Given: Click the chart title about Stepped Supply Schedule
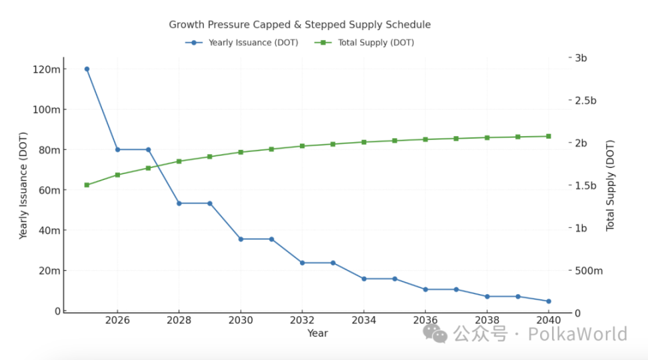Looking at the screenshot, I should coord(299,25).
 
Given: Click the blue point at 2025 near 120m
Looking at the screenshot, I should coord(87,69).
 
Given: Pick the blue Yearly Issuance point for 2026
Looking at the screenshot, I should coord(117,149).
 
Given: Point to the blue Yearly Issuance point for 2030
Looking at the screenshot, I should coord(241,239).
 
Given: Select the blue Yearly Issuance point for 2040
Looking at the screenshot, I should coord(549,301).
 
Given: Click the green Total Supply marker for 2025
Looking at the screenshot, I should coord(87,185).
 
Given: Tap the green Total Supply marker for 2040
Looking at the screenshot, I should coord(549,136).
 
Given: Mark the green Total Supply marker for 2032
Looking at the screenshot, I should coord(302,146).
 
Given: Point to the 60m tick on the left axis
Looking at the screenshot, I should coord(47,190).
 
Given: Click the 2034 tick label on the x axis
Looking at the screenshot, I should coord(363,320).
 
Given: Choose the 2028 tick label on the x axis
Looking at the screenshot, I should coord(179,320).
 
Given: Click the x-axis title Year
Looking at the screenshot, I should coord(317,333).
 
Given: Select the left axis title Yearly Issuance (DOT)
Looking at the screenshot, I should coord(23,189).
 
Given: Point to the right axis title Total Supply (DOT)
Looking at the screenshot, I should coord(610,185).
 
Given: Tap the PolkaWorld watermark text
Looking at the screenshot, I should coord(578,333).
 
